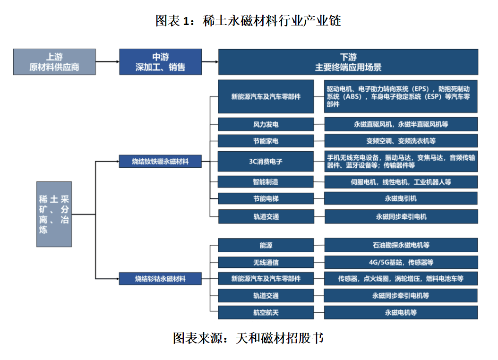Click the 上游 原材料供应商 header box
(x=54, y=62)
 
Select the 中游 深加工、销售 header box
(x=160, y=62)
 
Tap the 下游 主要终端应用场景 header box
(x=348, y=62)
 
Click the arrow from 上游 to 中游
(x=107, y=61)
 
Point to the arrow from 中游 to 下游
(x=210, y=61)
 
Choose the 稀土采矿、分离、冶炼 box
(x=54, y=214)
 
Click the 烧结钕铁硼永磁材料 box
(x=160, y=161)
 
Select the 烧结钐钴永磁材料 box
(x=160, y=279)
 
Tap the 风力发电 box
(x=266, y=124)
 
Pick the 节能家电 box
(x=266, y=141)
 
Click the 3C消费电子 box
(x=266, y=161)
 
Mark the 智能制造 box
(x=266, y=181)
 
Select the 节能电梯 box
(x=266, y=198)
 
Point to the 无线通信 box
(x=266, y=262)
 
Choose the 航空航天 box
(x=266, y=312)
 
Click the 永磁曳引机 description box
(x=401, y=198)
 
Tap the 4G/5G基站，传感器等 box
(x=401, y=262)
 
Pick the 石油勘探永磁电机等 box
(x=401, y=245)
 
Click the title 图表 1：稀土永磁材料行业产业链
(x=249, y=21)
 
